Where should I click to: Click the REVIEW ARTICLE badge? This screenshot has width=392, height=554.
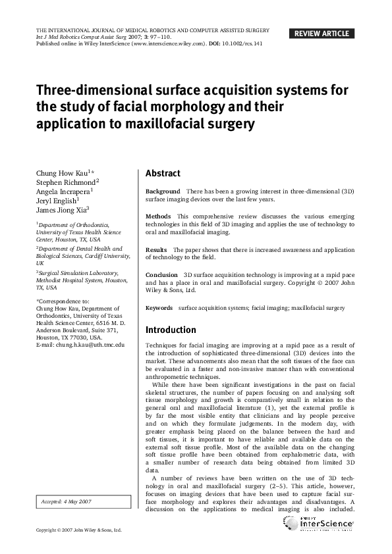[322, 34]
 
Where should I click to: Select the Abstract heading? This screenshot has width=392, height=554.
[163, 174]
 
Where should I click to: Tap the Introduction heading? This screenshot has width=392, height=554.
[171, 330]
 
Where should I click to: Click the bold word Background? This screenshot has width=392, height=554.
[163, 191]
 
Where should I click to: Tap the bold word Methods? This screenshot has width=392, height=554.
[158, 216]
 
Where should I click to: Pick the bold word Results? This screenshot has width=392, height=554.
[156, 250]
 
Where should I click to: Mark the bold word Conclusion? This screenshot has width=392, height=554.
[161, 275]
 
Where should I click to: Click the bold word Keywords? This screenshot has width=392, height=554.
[159, 308]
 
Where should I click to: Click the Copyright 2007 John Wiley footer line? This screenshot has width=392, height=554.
[78, 530]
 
